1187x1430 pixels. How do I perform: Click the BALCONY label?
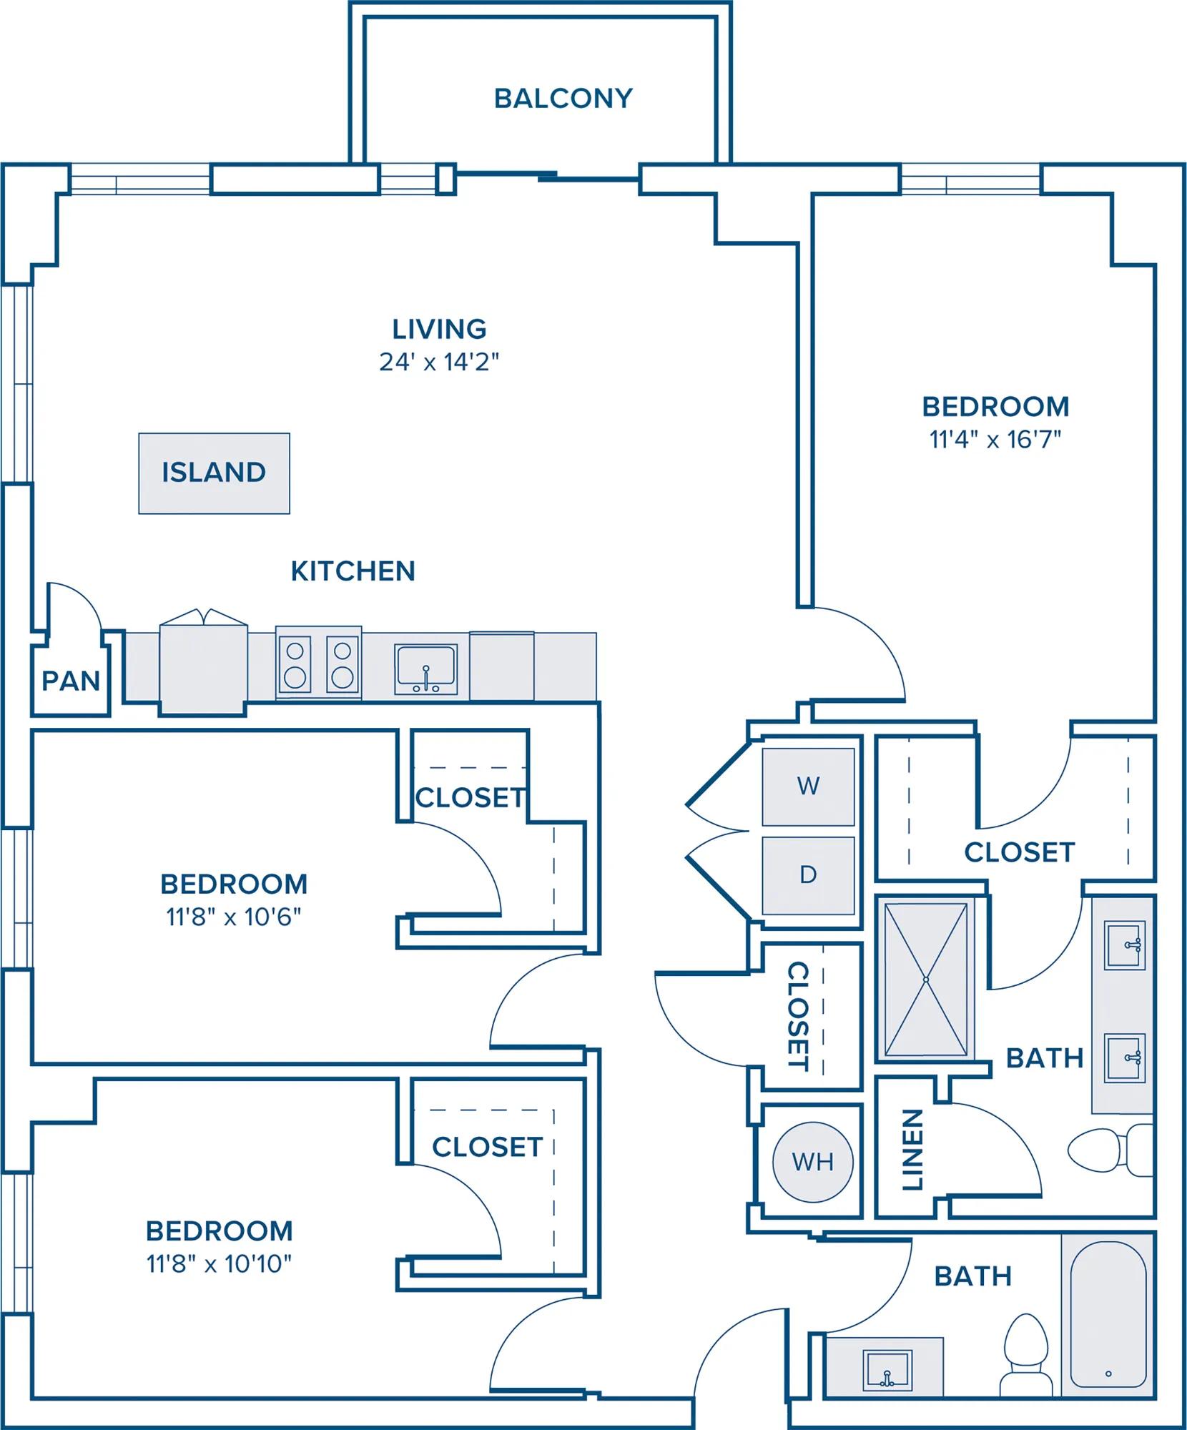tap(563, 99)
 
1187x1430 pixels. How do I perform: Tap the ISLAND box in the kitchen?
tap(214, 473)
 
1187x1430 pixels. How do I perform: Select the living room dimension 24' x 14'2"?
tap(439, 363)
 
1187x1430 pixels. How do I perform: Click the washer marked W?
tap(808, 786)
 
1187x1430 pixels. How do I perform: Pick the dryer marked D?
tap(808, 875)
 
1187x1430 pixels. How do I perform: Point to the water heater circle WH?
tap(813, 1162)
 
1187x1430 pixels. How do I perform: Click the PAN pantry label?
tap(71, 681)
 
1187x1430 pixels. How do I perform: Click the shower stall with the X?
tap(926, 980)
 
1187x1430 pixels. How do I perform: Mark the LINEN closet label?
tap(912, 1150)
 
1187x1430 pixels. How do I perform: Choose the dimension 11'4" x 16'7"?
tap(995, 440)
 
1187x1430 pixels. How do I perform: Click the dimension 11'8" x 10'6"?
tap(234, 917)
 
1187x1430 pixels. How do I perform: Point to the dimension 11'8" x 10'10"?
tap(220, 1264)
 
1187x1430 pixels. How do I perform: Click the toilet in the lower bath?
tap(1027, 1356)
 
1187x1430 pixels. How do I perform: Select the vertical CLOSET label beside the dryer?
tap(799, 1016)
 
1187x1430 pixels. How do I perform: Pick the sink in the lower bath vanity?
tap(887, 1370)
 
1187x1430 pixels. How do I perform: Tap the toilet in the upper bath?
tap(1110, 1150)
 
